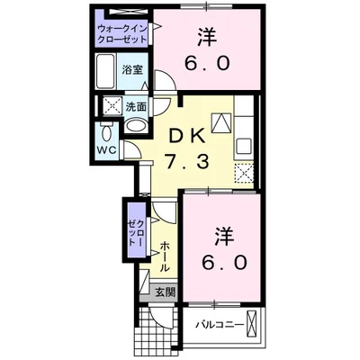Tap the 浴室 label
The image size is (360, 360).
[x=133, y=68]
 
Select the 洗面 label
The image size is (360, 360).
[x=136, y=105]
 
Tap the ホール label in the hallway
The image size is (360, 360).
[x=166, y=257]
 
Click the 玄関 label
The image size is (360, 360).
[x=165, y=292]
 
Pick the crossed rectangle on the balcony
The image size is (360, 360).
[x=255, y=323]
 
